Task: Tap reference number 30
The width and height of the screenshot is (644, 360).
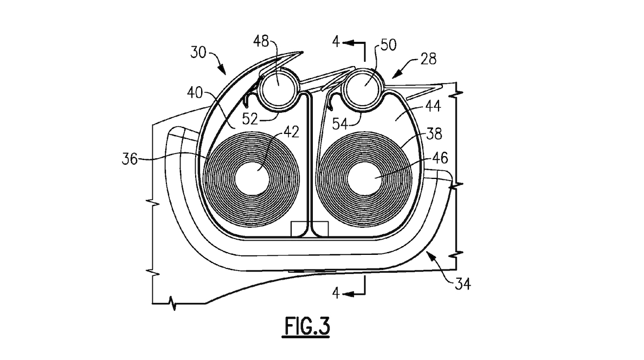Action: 198,53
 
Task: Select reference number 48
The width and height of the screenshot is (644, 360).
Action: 261,41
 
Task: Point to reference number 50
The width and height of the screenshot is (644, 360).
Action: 388,45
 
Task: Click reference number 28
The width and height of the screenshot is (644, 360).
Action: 428,59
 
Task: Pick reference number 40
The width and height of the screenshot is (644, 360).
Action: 195,93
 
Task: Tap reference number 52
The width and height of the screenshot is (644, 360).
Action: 250,119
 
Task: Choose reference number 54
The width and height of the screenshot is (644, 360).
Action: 340,123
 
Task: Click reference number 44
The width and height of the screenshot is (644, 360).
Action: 433,106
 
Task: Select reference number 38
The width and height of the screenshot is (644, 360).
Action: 434,133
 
